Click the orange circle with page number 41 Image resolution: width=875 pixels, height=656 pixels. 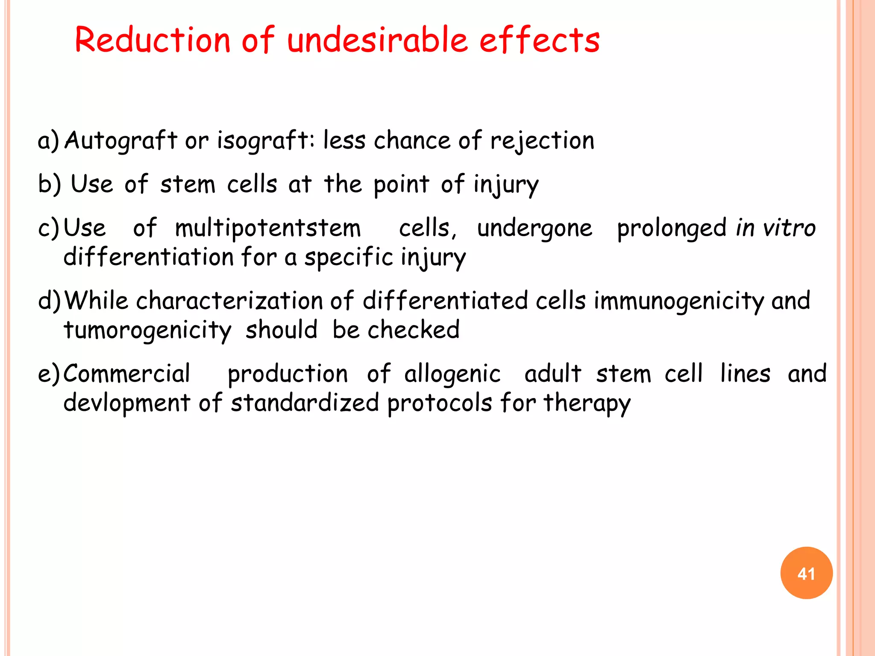point(806,573)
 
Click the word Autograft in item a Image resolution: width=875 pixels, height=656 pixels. point(120,141)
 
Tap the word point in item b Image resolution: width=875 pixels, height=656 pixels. point(401,184)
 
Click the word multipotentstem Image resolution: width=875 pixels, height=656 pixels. point(268,228)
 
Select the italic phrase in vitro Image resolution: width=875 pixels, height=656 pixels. point(775,228)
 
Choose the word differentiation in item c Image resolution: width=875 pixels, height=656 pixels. point(148,258)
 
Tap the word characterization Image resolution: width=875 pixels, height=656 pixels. point(230,301)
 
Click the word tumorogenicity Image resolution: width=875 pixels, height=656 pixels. point(147,330)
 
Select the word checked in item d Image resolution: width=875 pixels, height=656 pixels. point(413,330)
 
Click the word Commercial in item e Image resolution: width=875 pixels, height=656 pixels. point(127,374)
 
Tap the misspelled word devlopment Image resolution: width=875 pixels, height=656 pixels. point(127,403)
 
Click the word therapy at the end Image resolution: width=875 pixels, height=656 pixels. point(587,404)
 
